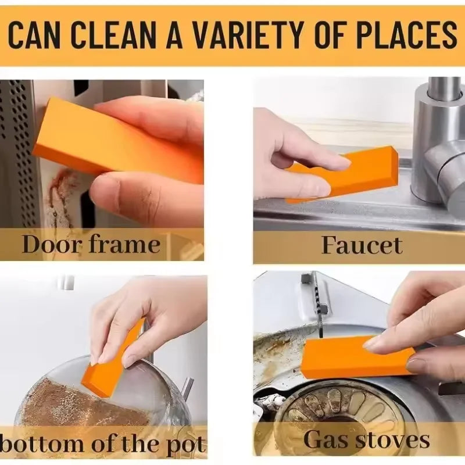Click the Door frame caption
91,244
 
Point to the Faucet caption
362,245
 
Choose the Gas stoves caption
366,439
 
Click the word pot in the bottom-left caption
188,445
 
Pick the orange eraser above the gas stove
355,356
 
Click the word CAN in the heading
37,35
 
